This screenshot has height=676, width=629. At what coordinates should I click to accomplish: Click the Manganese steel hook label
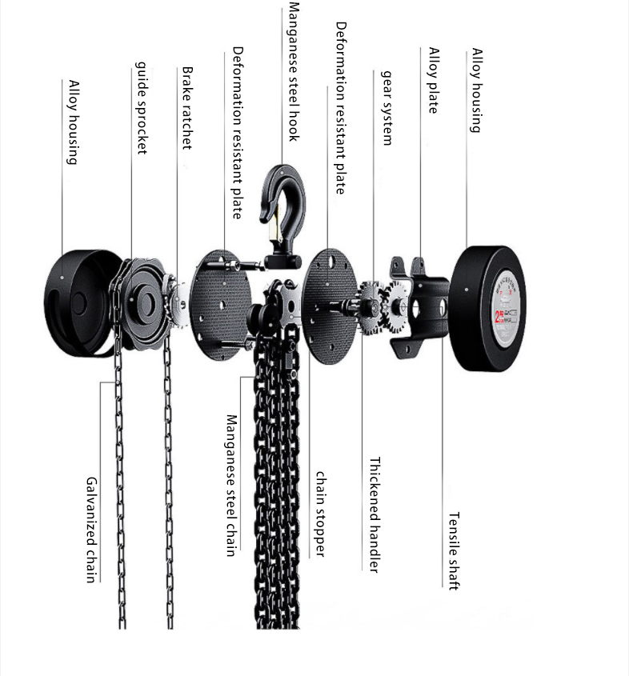(x=293, y=72)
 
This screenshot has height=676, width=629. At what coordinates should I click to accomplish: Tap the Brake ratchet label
(x=187, y=107)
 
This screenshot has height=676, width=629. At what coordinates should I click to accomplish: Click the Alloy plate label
(x=433, y=80)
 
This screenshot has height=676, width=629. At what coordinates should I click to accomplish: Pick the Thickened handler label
(x=374, y=515)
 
